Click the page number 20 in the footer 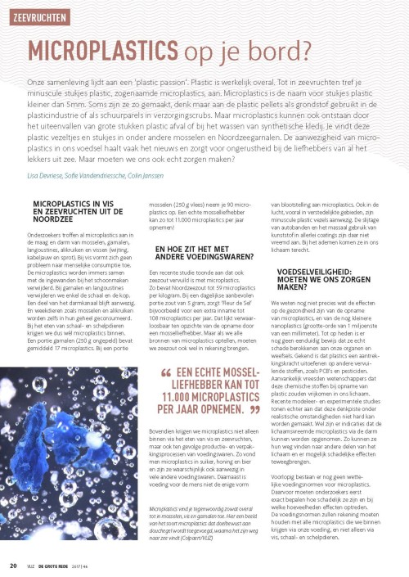click(13, 564)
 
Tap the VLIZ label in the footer click(33, 565)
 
